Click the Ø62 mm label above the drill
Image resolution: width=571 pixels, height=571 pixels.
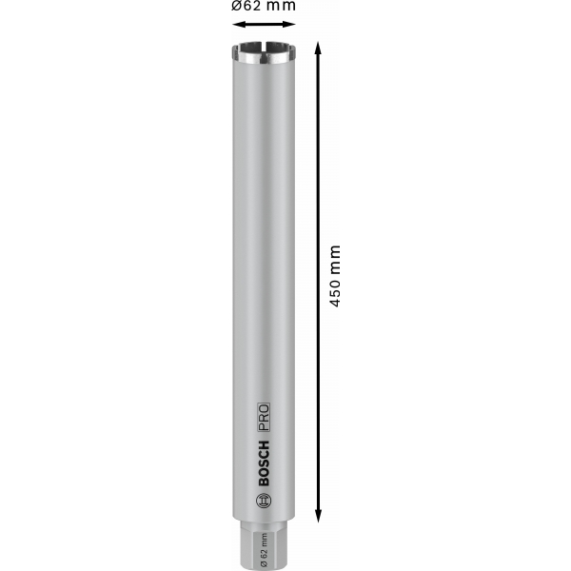coord(264,6)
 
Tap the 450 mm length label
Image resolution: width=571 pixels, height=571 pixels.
coord(335,276)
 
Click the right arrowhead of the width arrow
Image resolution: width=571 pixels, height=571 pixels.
coord(288,25)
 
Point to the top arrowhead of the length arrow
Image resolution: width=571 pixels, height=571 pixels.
coord(318,49)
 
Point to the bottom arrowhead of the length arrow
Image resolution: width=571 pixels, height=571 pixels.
coord(318,516)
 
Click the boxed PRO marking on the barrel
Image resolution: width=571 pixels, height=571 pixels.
coord(264,418)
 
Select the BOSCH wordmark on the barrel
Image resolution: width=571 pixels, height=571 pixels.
coord(264,463)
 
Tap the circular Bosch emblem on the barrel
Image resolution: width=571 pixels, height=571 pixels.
coord(264,502)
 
